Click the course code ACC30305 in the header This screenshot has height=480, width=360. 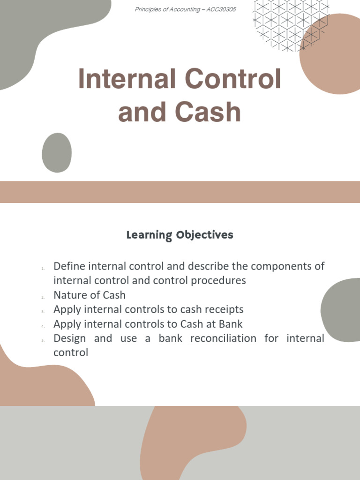coord(220,10)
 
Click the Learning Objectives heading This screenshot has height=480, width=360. coord(180,235)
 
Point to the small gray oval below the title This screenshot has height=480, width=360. coord(57,152)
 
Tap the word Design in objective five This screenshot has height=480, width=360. coord(70,338)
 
